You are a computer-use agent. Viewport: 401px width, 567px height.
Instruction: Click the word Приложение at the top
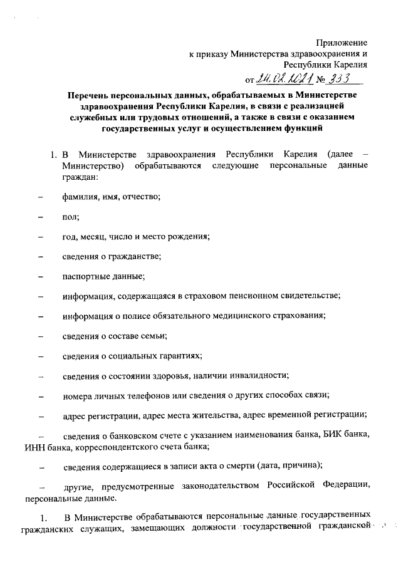[341, 42]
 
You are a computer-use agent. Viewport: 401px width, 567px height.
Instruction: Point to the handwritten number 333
[338, 78]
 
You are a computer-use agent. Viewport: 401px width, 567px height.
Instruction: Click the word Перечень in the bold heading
[91, 95]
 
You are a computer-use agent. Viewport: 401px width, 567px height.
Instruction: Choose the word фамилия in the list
[81, 197]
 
